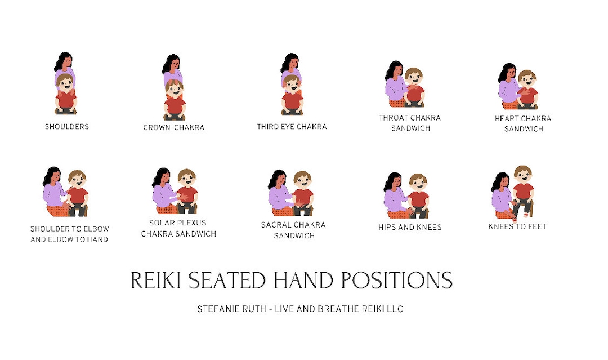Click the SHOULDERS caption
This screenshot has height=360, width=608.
[x=66, y=127]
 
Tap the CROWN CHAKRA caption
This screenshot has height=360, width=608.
[x=174, y=128]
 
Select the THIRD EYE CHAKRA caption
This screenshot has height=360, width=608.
[x=292, y=127]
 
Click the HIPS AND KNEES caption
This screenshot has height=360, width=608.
[x=410, y=228]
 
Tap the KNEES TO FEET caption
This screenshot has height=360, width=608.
[x=517, y=226]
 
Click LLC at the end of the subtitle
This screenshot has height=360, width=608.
[x=394, y=309]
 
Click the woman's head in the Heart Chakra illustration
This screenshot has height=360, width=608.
[x=507, y=72]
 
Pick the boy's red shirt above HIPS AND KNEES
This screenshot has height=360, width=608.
[x=418, y=199]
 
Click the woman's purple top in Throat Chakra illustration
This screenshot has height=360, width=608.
[x=395, y=89]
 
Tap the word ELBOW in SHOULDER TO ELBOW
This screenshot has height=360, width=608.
[x=96, y=229]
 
